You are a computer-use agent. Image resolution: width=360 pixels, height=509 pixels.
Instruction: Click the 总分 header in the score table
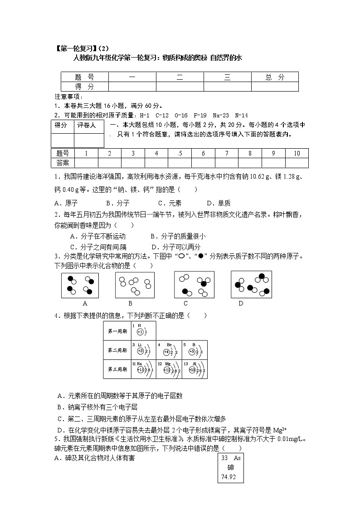275,78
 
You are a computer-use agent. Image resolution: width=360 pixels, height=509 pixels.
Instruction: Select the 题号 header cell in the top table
84,78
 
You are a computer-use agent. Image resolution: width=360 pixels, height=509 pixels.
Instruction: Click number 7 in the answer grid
226,153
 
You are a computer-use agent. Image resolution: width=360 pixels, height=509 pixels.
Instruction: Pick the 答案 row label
63,162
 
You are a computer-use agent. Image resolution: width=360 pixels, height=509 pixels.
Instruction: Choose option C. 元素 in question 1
170,203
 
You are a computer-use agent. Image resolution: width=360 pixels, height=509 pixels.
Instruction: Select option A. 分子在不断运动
97,236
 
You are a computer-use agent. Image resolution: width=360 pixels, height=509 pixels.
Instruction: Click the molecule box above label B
135,285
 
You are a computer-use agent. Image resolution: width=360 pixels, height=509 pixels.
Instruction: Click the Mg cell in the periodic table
169,369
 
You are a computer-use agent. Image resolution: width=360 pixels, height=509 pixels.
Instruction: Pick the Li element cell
143,350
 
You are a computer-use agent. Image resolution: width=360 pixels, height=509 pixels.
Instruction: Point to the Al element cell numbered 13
195,369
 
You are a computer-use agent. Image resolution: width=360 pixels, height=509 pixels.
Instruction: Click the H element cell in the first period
143,331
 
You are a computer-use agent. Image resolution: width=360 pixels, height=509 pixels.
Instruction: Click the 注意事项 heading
68,97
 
